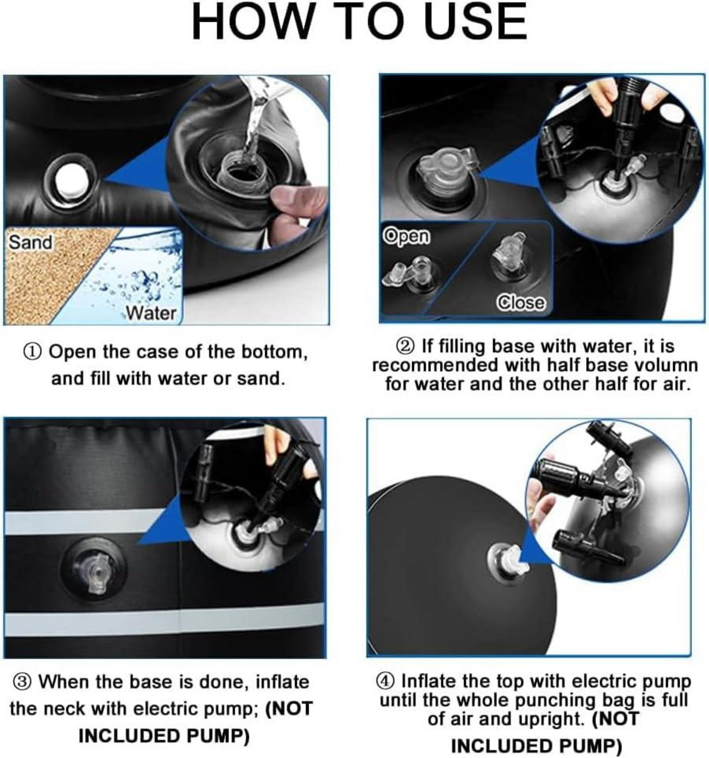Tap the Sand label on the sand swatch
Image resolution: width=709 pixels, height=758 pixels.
coord(30,242)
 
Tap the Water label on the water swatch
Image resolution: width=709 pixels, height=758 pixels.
coord(151,313)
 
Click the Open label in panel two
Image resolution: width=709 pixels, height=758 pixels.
coord(407,235)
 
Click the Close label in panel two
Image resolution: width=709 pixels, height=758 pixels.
coord(520,302)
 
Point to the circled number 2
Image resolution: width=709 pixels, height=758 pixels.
coord(406,346)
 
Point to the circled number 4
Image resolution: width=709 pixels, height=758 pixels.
coord(385,681)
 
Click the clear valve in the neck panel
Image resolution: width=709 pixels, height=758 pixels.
coord(96,574)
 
